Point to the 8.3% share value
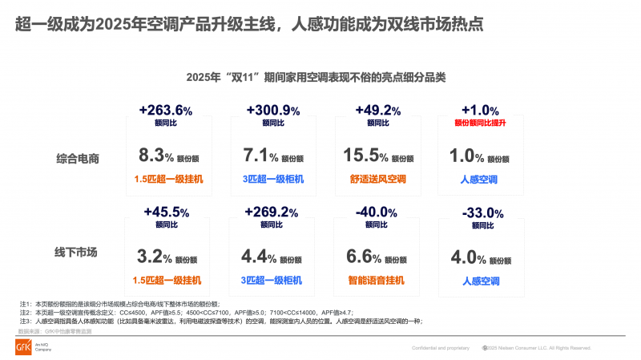151,156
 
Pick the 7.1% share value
259,156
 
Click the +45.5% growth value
166,212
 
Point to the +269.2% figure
272,212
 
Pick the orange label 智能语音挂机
377,281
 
